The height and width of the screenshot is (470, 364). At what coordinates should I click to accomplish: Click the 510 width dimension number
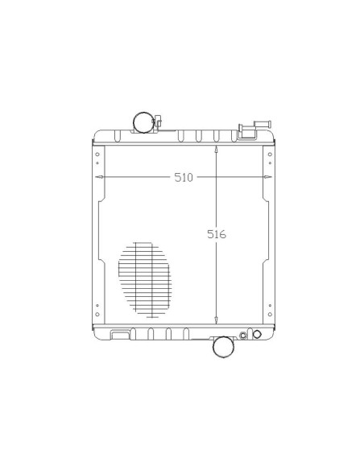coord(184,177)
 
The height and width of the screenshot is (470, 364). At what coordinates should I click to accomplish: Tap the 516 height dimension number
coord(217,234)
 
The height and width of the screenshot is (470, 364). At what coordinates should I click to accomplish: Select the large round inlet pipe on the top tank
coord(143,122)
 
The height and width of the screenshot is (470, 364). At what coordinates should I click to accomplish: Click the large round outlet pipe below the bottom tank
coord(223,347)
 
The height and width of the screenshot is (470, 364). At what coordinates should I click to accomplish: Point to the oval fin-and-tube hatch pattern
coord(145,279)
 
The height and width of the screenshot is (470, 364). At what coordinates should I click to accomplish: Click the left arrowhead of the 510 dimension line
coord(99,177)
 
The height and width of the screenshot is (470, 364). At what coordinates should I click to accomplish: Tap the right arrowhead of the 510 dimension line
coord(268,177)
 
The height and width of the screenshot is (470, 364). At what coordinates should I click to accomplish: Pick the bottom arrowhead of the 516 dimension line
coord(216,320)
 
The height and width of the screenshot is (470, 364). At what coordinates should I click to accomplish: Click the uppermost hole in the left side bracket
coord(97,155)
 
